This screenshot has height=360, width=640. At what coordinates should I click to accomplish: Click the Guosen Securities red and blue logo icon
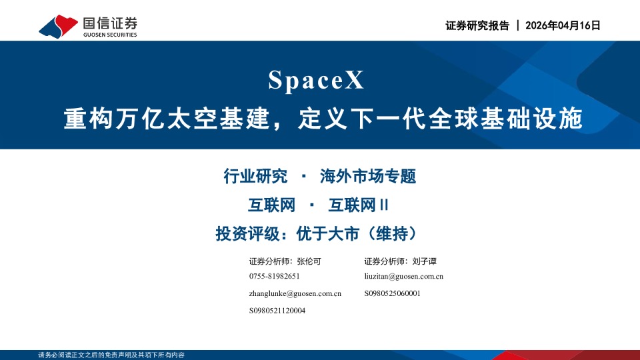[x=59, y=25]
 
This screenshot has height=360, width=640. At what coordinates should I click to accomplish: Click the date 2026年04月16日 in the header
[x=563, y=25]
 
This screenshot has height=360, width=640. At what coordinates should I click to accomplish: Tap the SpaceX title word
[x=317, y=81]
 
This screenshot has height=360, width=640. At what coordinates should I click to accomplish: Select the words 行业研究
[x=255, y=177]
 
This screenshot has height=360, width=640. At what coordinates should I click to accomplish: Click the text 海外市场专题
[x=368, y=177]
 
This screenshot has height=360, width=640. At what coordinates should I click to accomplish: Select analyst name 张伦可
[x=309, y=261]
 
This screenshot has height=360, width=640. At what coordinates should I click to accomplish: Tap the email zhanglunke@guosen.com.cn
[x=295, y=293]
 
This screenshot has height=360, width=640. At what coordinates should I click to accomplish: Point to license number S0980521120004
[x=277, y=311]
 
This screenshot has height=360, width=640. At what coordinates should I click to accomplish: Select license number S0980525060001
[x=393, y=293]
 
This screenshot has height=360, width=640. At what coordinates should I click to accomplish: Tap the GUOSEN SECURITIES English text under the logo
[x=110, y=35]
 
